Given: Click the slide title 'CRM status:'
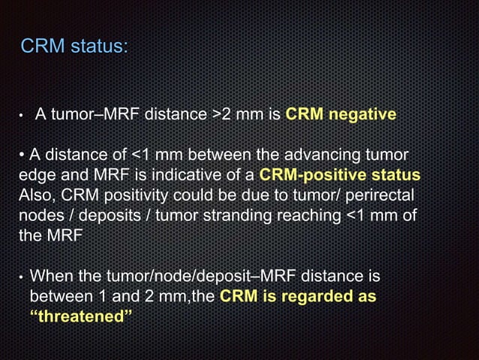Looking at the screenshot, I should click(74, 47).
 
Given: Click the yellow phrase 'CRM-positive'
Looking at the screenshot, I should click(308, 174).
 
